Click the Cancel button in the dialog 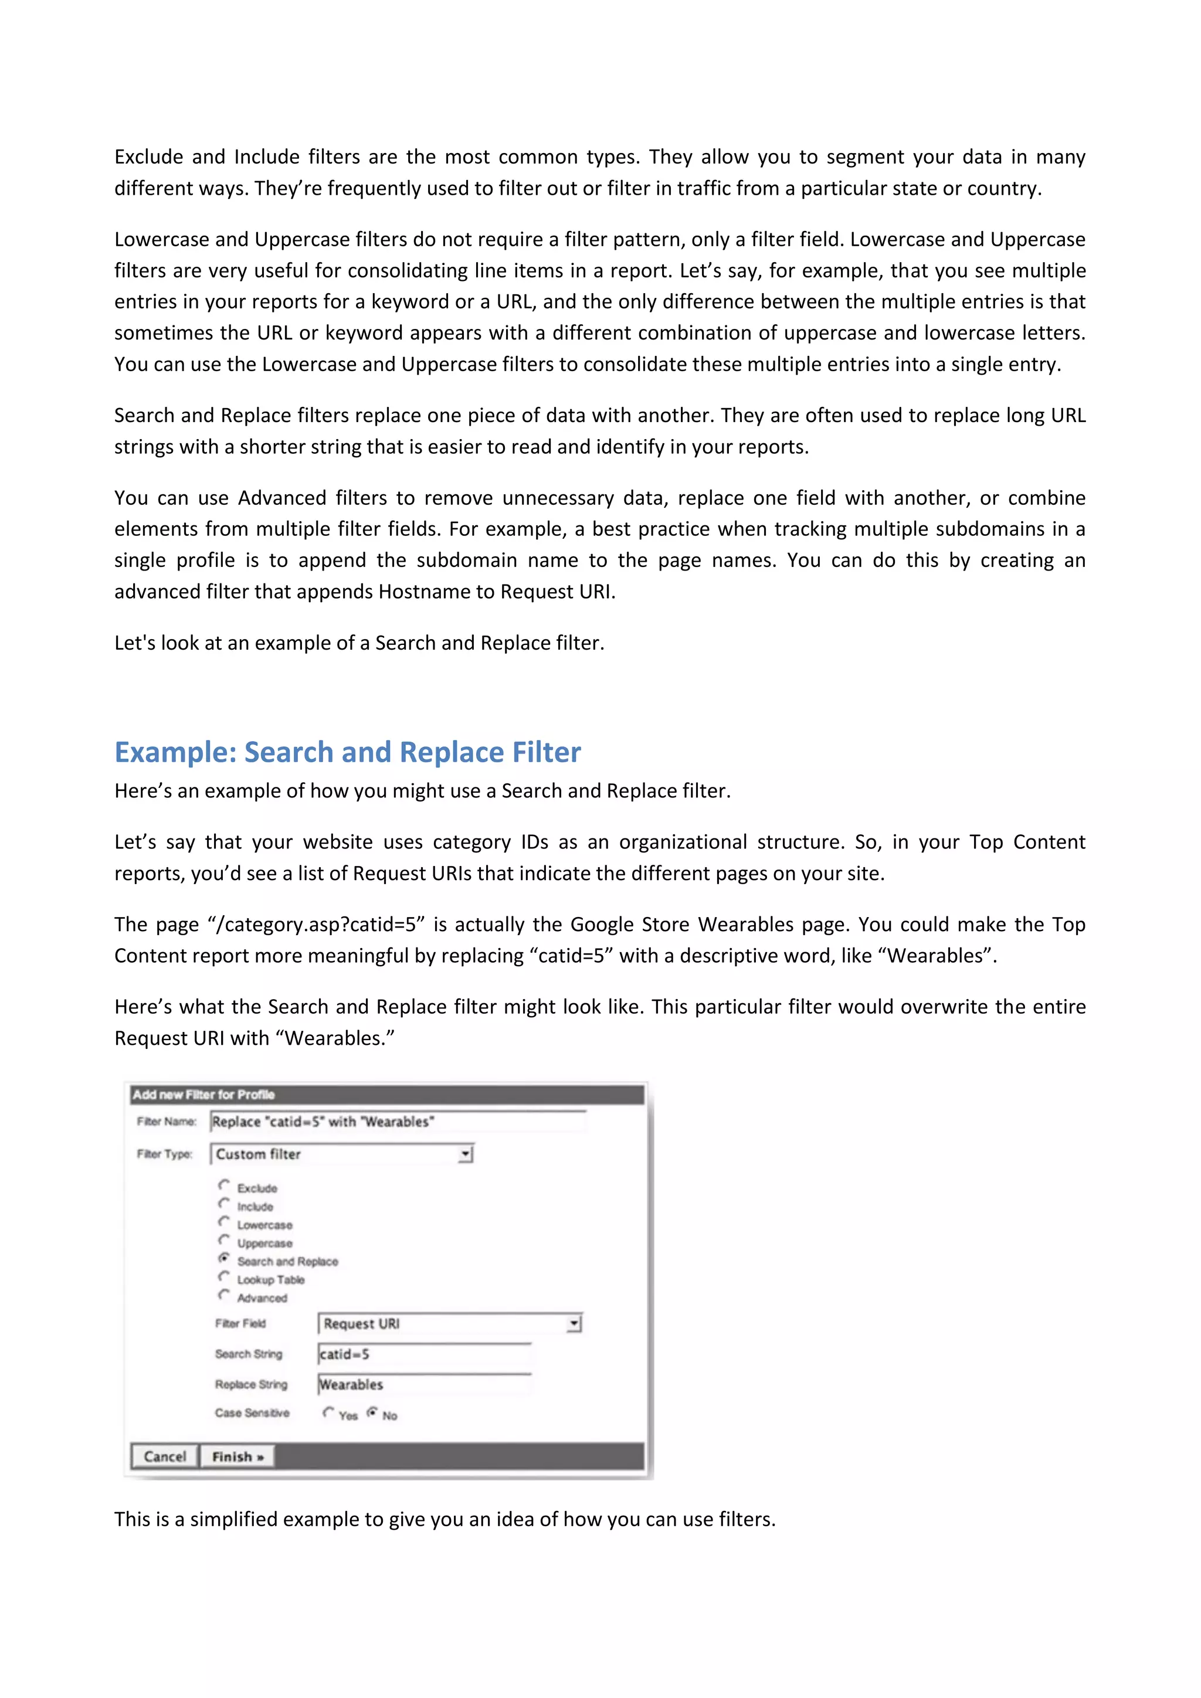[x=164, y=1456]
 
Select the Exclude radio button [x=224, y=1185]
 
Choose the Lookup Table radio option [x=224, y=1276]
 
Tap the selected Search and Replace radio [x=224, y=1258]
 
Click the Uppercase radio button [x=224, y=1239]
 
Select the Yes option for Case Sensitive [x=328, y=1412]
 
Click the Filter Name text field [x=397, y=1122]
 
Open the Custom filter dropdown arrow [x=465, y=1154]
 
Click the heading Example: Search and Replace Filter [x=348, y=752]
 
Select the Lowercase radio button [x=224, y=1222]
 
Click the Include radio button [x=224, y=1203]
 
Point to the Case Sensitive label [x=252, y=1412]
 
